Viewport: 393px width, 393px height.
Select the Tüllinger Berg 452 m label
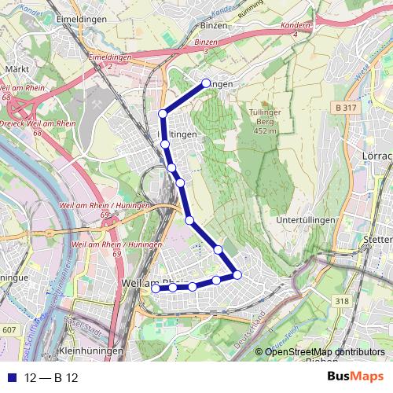(267, 121)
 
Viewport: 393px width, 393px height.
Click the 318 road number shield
(341, 299)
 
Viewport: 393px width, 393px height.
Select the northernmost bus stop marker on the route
(206, 83)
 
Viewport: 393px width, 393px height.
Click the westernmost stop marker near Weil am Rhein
(155, 288)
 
